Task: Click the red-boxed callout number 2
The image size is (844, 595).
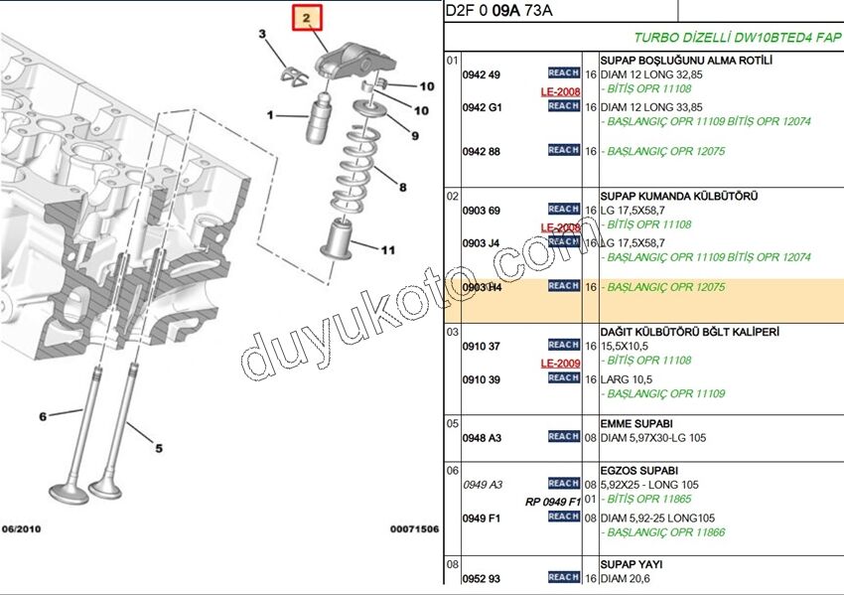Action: point(307,18)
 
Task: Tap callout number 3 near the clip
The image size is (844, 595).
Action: point(263,36)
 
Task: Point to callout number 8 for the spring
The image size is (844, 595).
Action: point(402,186)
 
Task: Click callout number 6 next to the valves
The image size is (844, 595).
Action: point(43,416)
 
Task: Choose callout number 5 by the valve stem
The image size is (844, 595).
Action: point(158,448)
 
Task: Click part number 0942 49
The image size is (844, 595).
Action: point(482,74)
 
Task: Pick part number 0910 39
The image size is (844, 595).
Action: point(482,379)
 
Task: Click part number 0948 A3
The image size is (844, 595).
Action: point(482,437)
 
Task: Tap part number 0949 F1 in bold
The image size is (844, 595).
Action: point(482,518)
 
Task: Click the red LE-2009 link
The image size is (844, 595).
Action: point(560,364)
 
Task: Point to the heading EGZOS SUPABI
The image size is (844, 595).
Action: point(633,470)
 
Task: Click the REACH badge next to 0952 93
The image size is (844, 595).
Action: point(563,577)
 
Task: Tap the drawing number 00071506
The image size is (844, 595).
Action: point(414,529)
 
